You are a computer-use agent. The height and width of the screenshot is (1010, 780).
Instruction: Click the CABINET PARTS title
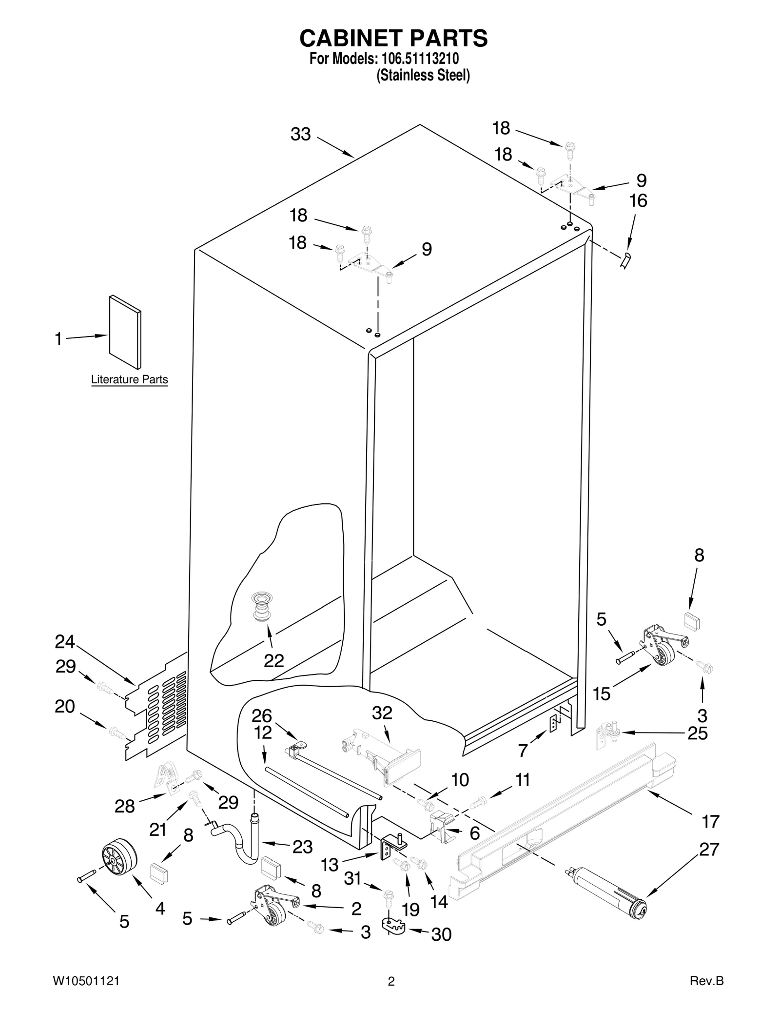click(x=393, y=38)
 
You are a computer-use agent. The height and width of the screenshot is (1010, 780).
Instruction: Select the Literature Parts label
click(x=129, y=379)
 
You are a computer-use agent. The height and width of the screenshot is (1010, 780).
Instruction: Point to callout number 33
click(x=300, y=134)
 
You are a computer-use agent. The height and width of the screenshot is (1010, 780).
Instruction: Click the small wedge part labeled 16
click(x=625, y=260)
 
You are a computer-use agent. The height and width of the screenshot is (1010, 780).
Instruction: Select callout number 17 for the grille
click(x=710, y=821)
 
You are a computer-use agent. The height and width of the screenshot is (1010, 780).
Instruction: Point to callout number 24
click(x=64, y=642)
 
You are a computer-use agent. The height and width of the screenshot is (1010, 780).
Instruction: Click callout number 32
click(x=382, y=713)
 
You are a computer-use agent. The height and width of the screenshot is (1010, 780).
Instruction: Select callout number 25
click(x=697, y=733)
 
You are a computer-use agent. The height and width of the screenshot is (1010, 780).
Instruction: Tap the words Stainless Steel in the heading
click(x=423, y=76)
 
